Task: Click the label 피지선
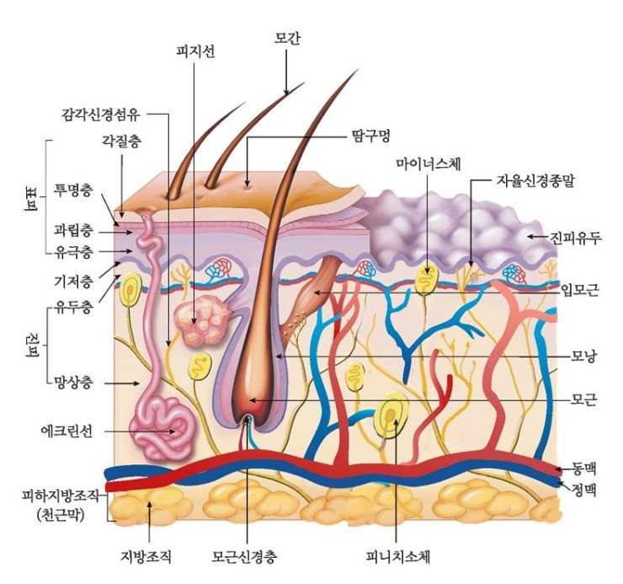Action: [x=195, y=51]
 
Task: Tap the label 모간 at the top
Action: [x=287, y=38]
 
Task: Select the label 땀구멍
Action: [x=370, y=136]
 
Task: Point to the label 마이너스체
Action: [x=429, y=163]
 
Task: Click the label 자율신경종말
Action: [x=535, y=180]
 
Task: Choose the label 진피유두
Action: [x=576, y=238]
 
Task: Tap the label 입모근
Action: [x=580, y=291]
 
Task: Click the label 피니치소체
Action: [x=398, y=556]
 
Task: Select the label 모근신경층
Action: [x=244, y=556]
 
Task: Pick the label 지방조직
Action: [x=146, y=556]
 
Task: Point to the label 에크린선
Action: [x=67, y=431]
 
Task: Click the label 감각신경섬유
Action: [x=101, y=115]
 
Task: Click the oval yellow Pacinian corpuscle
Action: [x=391, y=415]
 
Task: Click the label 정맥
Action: [x=583, y=490]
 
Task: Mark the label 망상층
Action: [x=73, y=383]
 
